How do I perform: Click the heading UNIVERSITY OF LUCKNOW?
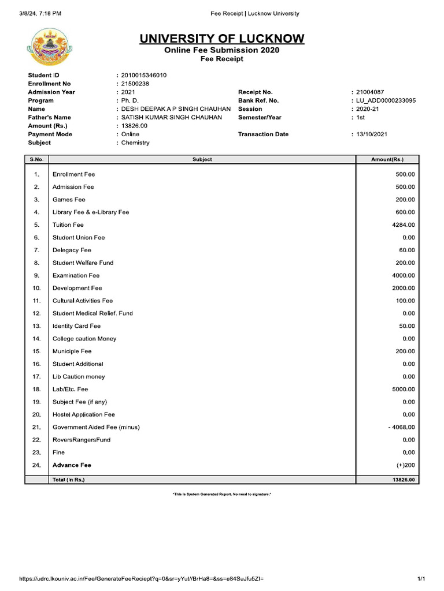pos(221,39)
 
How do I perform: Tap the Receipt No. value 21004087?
pos(370,92)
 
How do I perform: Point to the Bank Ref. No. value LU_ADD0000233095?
pos(386,100)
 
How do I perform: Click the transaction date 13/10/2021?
pos(372,134)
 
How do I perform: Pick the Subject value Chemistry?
pos(135,143)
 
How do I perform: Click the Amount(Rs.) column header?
pos(387,159)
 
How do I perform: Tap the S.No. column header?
pos(37,159)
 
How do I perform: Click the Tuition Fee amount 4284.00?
pos(404,225)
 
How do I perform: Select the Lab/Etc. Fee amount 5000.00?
pos(404,390)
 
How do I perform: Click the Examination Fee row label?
pos(76,275)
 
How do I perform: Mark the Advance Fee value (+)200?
pos(405,465)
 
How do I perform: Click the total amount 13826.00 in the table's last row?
pos(402,480)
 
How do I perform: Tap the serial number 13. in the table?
pos(37,326)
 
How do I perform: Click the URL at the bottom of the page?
pos(142,579)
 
